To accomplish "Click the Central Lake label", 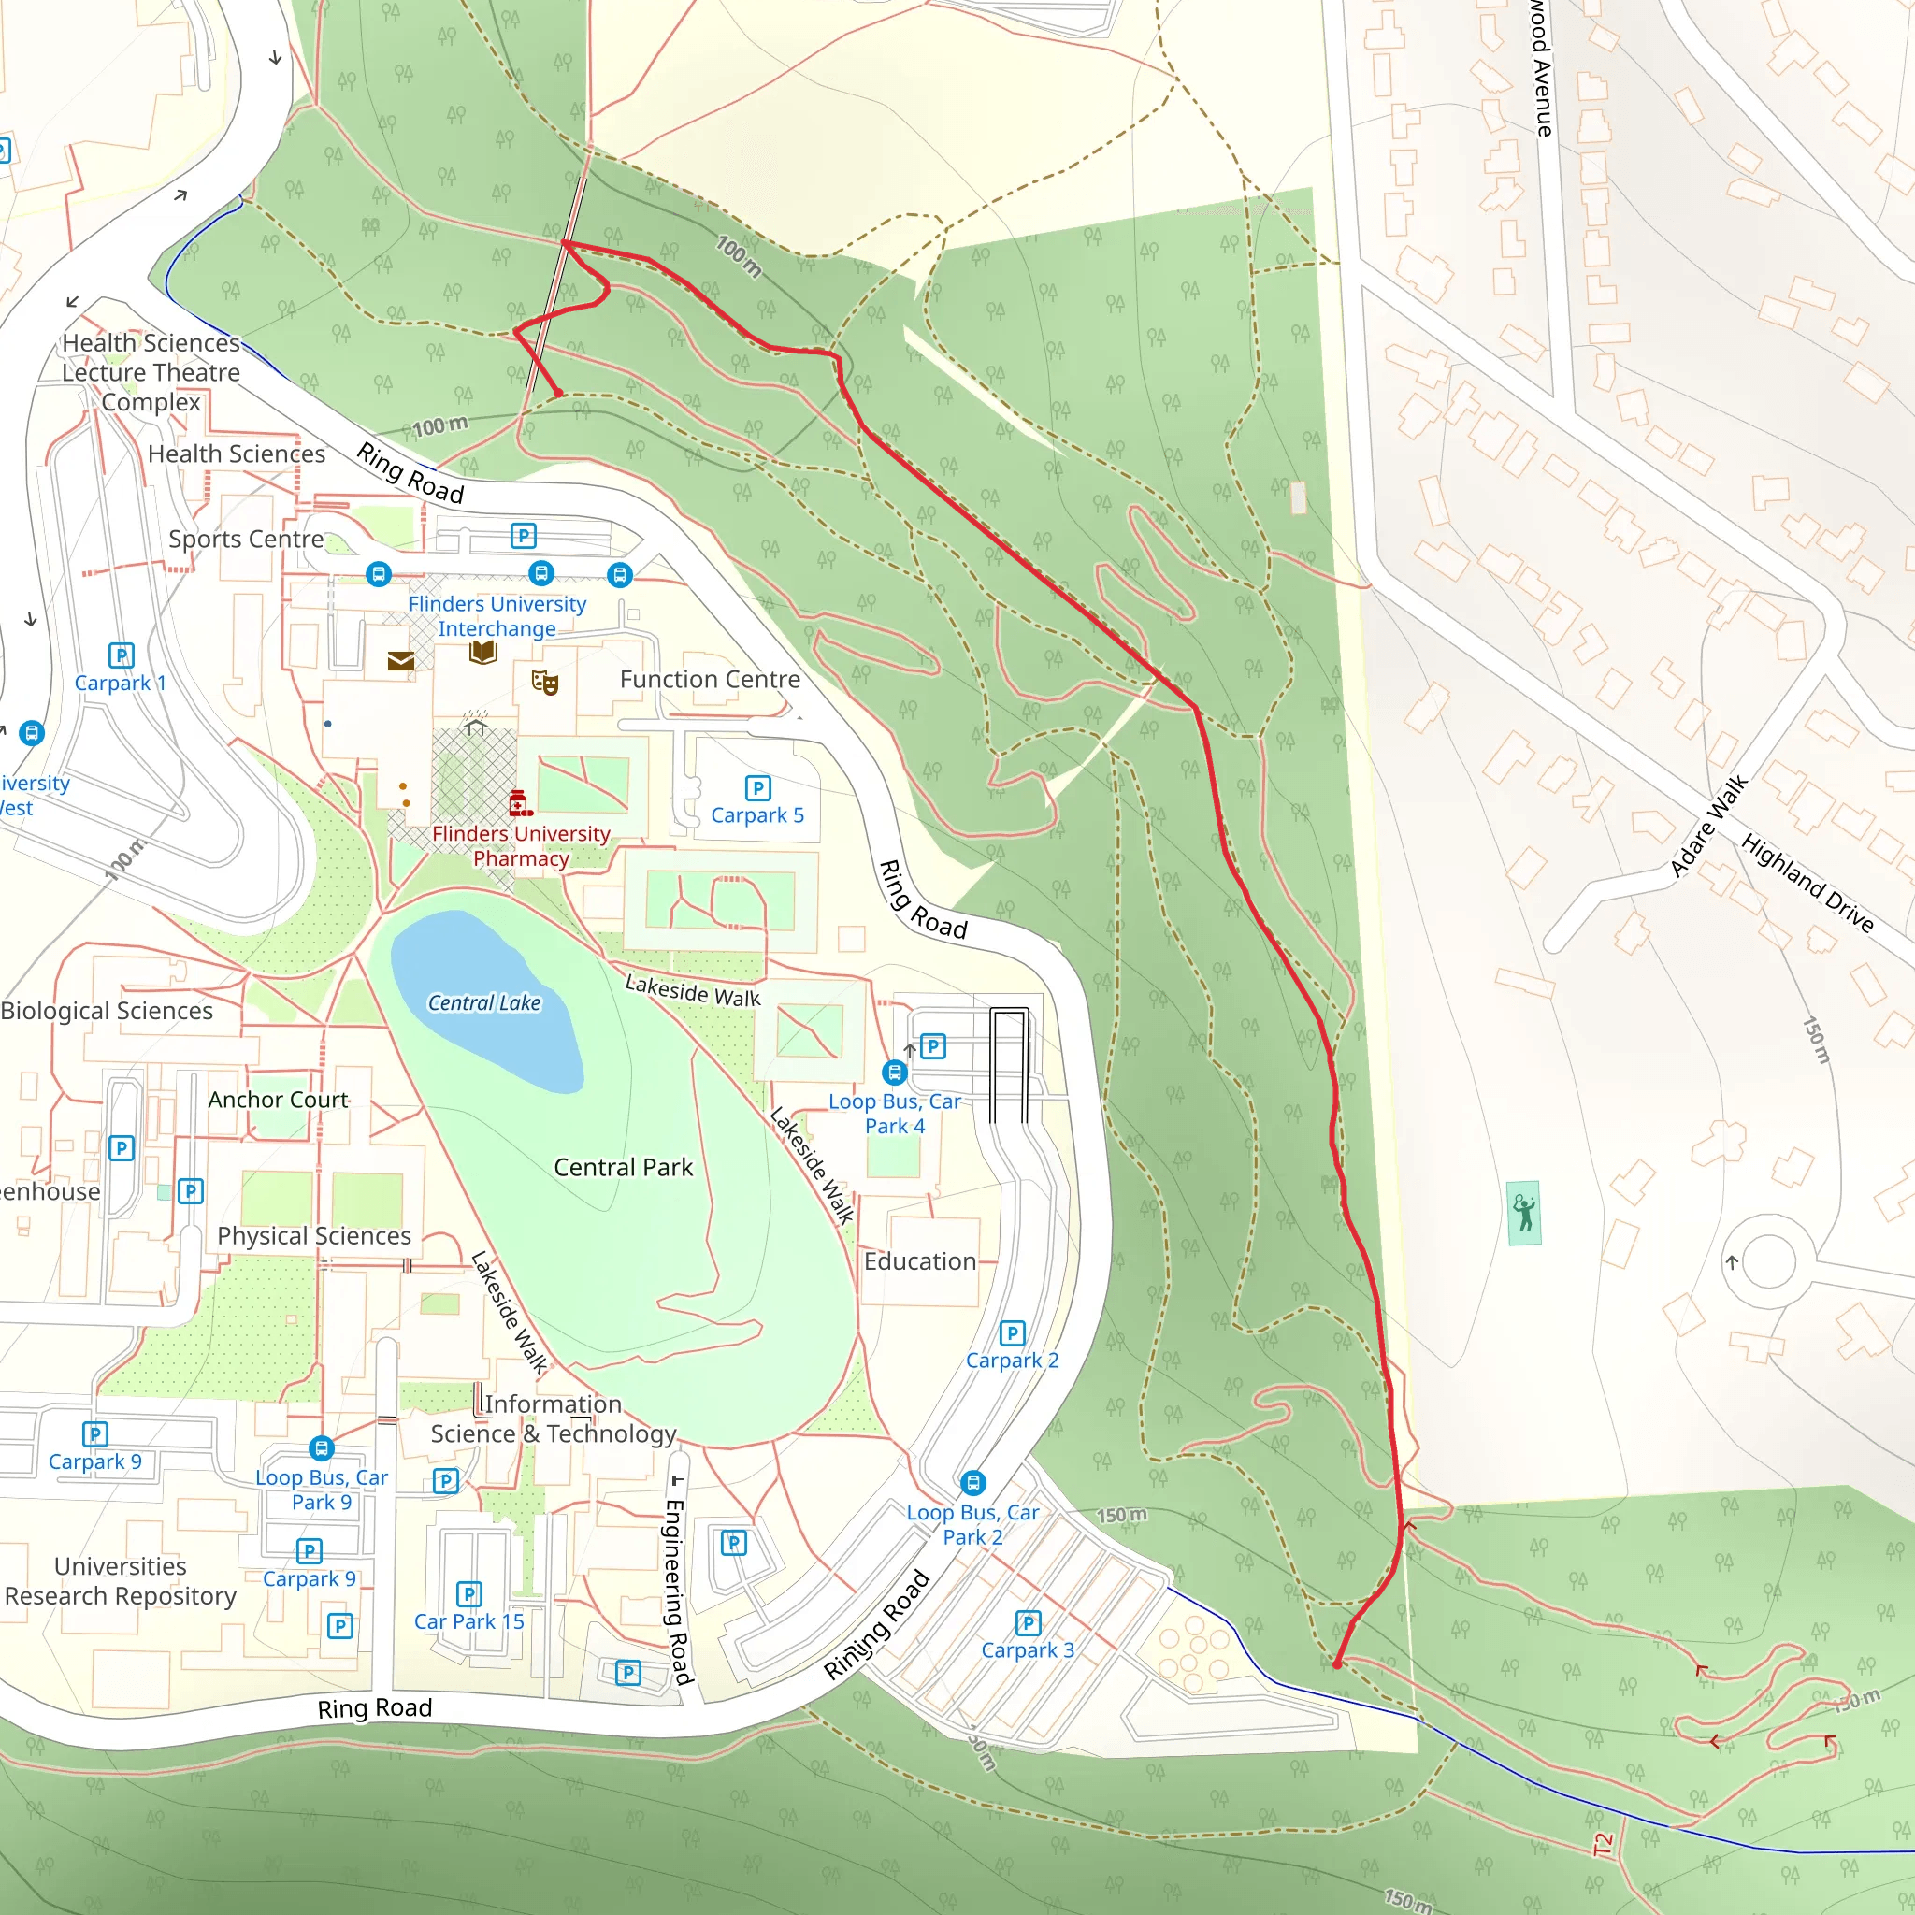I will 483,1003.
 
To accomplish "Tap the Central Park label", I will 623,1168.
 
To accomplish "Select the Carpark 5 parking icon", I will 757,788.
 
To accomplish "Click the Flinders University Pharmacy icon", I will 518,802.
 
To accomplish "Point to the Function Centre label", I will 710,680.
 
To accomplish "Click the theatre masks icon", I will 544,682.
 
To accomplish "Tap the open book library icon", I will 482,651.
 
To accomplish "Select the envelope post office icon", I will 400,661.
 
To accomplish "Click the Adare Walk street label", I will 1709,827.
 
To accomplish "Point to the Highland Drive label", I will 1807,883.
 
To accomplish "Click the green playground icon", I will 1523,1212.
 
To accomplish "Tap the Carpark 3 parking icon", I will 1028,1623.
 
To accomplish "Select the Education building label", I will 920,1261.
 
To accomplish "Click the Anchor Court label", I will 278,1101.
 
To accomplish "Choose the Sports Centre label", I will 246,540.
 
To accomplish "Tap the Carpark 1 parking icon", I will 121,655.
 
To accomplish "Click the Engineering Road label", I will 676,1591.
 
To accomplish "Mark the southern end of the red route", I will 1337,1664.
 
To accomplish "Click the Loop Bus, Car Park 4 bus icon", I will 894,1073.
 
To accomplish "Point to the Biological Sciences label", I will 107,1011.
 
